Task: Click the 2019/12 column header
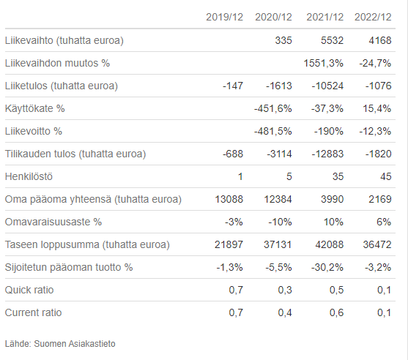coord(225,17)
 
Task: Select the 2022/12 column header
coord(373,17)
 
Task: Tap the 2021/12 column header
coord(325,17)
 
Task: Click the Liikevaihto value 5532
coord(333,40)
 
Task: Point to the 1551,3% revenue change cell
coord(324,63)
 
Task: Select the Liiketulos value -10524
coord(328,86)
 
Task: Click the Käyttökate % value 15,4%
coord(377,108)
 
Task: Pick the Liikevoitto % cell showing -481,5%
coord(273,131)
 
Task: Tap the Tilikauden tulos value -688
coord(233,154)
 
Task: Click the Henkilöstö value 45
coord(386,176)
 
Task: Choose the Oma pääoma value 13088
coord(229,199)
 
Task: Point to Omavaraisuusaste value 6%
coord(384,222)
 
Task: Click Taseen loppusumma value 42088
coord(330,244)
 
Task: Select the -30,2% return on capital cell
coord(327,267)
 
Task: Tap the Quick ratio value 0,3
coord(285,290)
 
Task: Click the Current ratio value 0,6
coord(336,312)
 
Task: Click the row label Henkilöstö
coord(29,176)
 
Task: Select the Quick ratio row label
coord(29,290)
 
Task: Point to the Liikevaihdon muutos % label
coord(57,63)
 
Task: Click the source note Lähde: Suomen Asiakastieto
coord(60,344)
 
